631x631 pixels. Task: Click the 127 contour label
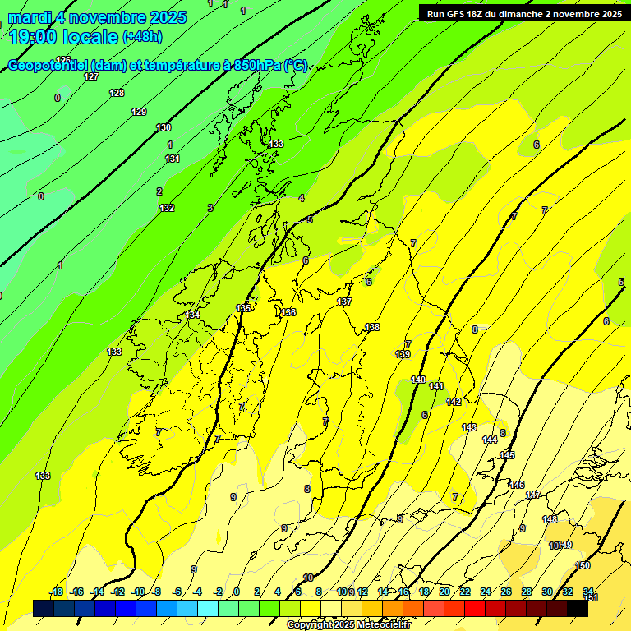tap(91, 76)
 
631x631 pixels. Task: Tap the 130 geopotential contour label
tap(164, 127)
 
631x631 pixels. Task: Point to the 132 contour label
tap(167, 208)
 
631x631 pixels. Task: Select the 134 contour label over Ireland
tap(192, 315)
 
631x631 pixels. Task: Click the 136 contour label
tap(288, 312)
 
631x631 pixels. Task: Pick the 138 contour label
tap(372, 327)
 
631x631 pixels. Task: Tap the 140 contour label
tap(418, 380)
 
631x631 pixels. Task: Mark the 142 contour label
tap(454, 402)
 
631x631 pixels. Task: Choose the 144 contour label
tap(490, 440)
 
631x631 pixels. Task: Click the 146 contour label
tap(517, 485)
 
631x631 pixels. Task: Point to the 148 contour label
tap(550, 519)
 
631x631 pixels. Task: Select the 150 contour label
tap(583, 565)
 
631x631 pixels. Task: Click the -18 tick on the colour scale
tap(57, 592)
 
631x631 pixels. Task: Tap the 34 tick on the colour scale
tap(588, 592)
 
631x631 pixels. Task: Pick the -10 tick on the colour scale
tap(138, 592)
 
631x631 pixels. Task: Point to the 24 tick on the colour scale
tap(486, 592)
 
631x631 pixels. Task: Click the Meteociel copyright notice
tap(349, 625)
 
